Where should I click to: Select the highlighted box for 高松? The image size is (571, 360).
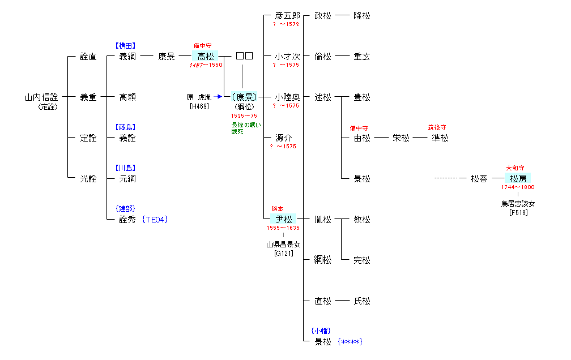click(x=205, y=56)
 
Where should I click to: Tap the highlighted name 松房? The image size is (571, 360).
click(x=518, y=179)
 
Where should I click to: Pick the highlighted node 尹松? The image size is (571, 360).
click(x=283, y=219)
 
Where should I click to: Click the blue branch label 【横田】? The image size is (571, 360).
click(x=125, y=45)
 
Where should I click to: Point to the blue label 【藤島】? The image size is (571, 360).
click(x=125, y=127)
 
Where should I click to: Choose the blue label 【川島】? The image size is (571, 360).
click(x=125, y=168)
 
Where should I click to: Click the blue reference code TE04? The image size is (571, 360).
click(x=155, y=220)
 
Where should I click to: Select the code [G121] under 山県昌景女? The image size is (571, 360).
click(x=283, y=254)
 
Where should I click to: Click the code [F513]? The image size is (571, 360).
click(x=518, y=213)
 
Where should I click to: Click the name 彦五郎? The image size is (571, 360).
click(x=287, y=15)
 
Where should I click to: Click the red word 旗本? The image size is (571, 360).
click(x=278, y=209)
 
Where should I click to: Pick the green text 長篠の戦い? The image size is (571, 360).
click(x=246, y=125)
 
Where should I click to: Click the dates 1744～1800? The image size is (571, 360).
click(x=518, y=187)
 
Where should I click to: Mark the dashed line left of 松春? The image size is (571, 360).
click(x=446, y=179)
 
